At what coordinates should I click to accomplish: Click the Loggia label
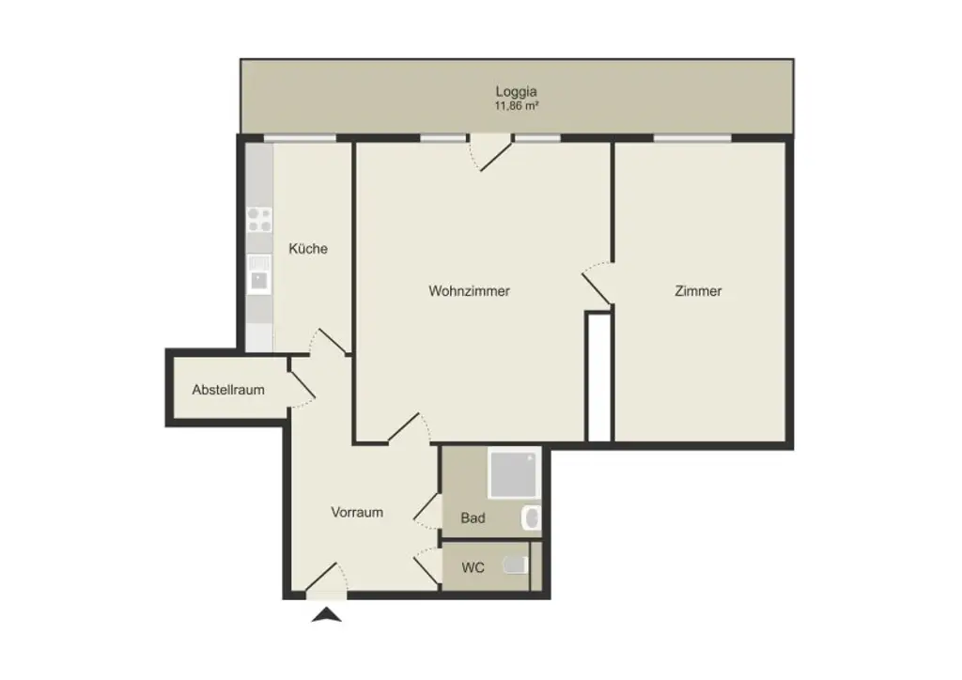click(x=516, y=92)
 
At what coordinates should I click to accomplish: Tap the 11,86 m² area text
click(x=516, y=106)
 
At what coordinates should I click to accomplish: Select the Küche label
click(x=308, y=249)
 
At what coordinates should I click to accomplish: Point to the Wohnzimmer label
click(x=469, y=291)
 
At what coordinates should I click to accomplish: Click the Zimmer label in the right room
click(x=698, y=291)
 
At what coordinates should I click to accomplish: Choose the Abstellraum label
click(x=228, y=389)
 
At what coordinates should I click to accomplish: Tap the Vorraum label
click(x=357, y=513)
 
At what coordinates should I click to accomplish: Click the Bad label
click(x=473, y=518)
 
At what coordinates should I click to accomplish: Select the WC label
click(x=472, y=568)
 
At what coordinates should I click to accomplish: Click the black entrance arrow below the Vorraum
click(x=327, y=615)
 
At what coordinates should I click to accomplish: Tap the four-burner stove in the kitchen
click(x=259, y=220)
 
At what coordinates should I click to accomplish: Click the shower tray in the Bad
click(x=514, y=475)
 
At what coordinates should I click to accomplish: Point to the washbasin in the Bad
click(x=531, y=518)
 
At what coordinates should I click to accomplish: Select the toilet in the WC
click(x=516, y=565)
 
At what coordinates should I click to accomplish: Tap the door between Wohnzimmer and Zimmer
click(x=598, y=285)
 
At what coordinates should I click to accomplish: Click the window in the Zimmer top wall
click(x=692, y=138)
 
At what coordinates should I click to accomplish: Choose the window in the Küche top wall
click(x=299, y=138)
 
